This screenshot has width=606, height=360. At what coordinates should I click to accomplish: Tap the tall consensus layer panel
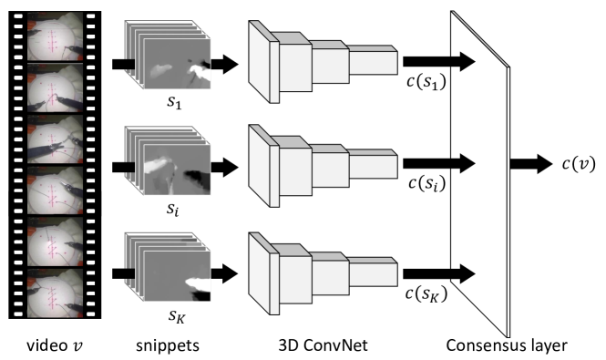[480, 173]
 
